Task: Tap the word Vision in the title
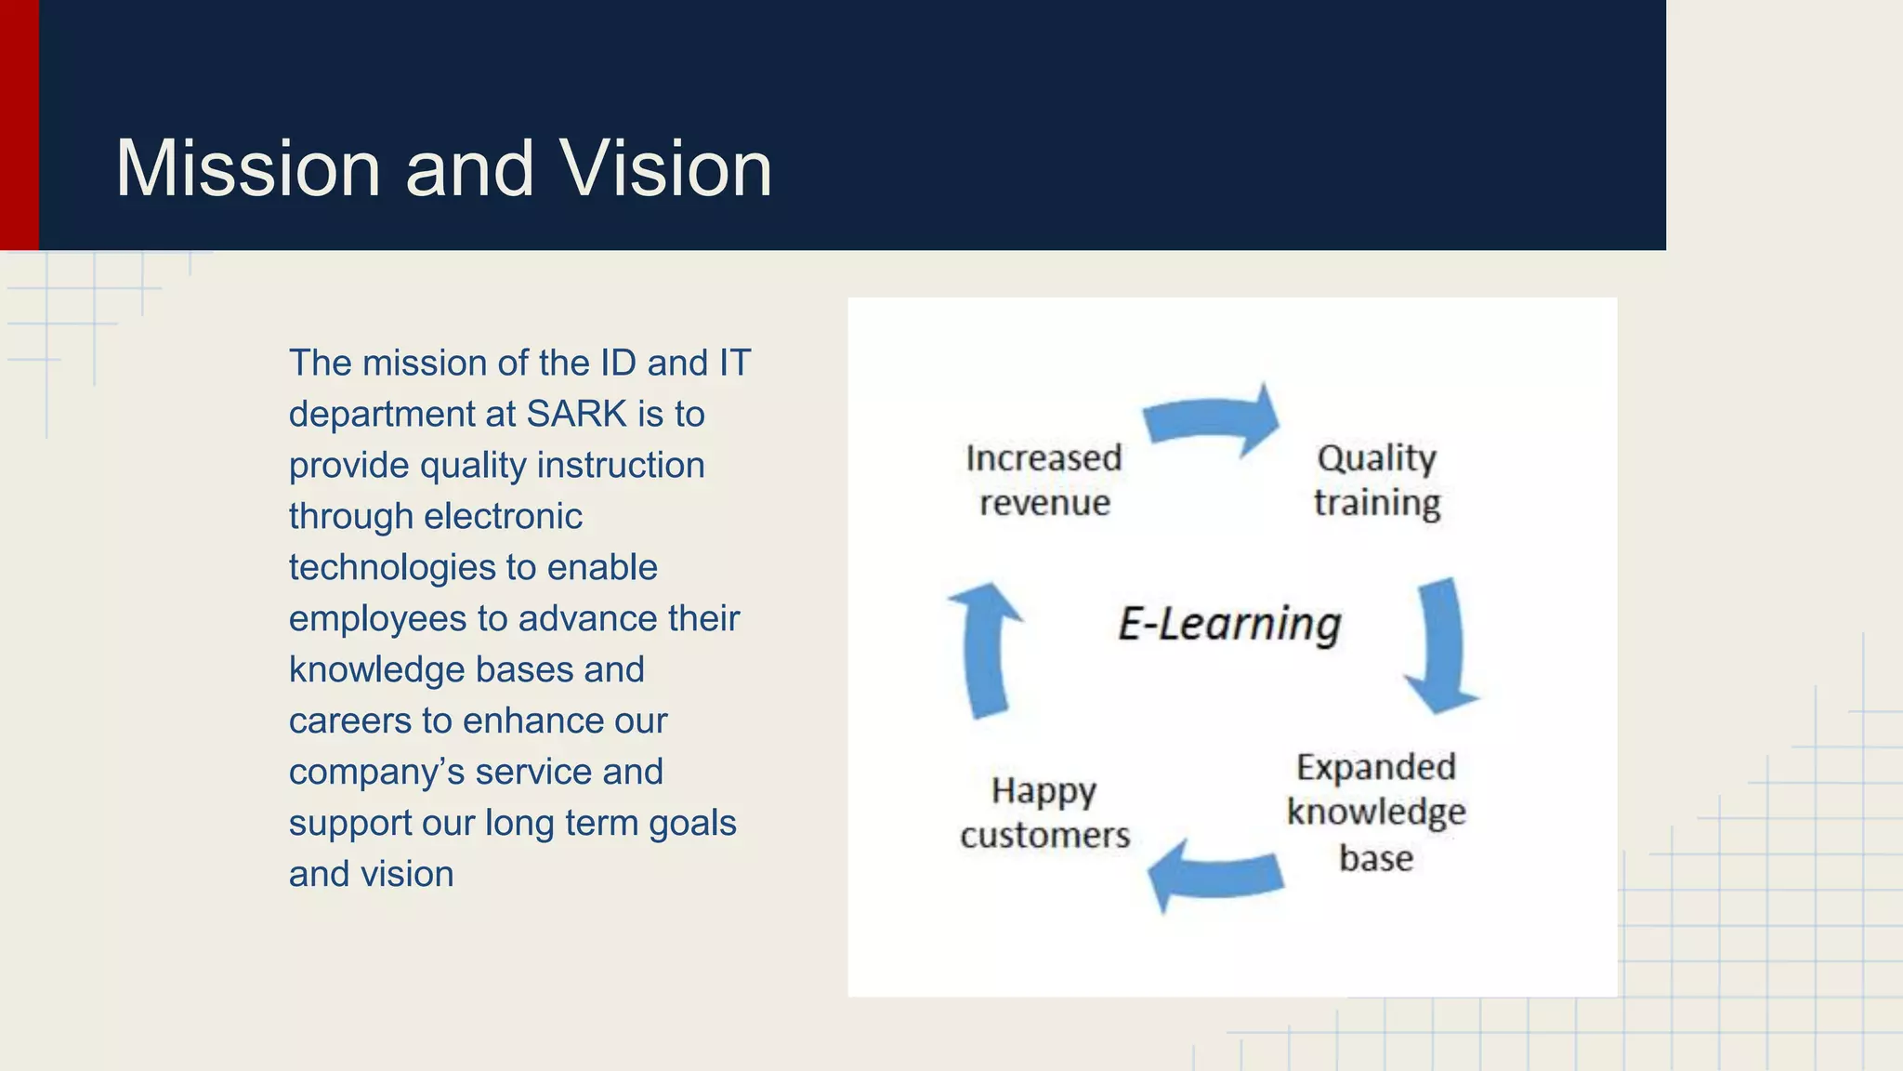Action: tap(665, 169)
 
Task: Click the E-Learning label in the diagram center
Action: tap(1228, 623)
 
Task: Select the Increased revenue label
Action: tap(1044, 481)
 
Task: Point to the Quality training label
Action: tap(1376, 481)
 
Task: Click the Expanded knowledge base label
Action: tap(1376, 812)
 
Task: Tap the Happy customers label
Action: tap(1044, 813)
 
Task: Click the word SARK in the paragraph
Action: tap(577, 415)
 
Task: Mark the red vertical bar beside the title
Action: tap(19, 125)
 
